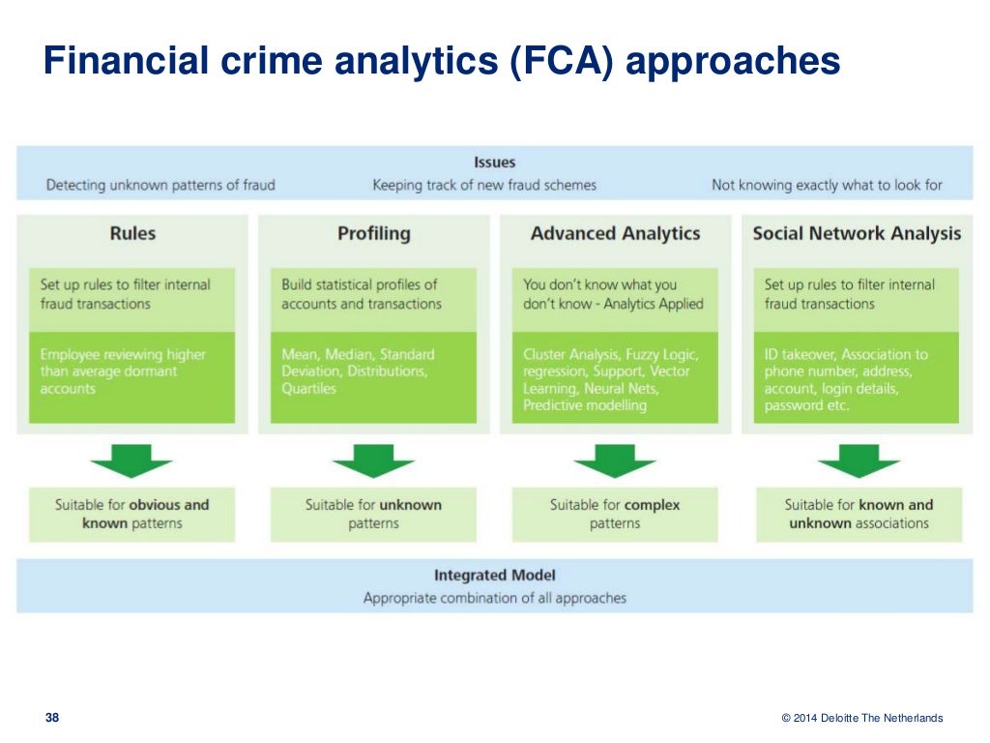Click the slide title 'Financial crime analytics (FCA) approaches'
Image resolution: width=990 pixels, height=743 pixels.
[x=441, y=62]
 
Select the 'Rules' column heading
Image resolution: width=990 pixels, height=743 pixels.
[x=132, y=233]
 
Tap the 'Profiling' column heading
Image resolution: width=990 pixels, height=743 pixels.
[x=373, y=233]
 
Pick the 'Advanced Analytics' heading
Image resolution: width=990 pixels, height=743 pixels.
[x=615, y=233]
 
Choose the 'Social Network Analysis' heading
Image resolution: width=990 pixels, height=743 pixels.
[x=857, y=233]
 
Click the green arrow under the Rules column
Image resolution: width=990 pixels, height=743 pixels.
[x=131, y=461]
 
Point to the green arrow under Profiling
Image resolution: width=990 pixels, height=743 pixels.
[x=373, y=461]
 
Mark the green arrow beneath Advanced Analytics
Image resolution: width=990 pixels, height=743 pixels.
[x=615, y=461]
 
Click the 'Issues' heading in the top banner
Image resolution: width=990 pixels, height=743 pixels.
[x=494, y=163]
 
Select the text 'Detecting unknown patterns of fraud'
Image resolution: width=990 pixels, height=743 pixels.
[x=160, y=185]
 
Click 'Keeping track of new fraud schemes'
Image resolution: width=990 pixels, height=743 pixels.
[x=484, y=185]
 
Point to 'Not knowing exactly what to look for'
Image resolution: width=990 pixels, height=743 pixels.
[x=827, y=185]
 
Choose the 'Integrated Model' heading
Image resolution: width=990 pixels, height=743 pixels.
[x=494, y=576]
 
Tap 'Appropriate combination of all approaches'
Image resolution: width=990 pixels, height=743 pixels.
[x=494, y=598]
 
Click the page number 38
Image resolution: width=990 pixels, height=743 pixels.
[x=52, y=718]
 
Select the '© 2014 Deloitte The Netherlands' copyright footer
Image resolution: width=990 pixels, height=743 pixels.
[x=861, y=718]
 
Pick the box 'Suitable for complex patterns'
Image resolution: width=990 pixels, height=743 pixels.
[x=615, y=514]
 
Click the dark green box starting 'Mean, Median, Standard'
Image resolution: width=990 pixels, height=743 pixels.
[x=373, y=377]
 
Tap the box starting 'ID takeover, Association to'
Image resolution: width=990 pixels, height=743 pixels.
[x=857, y=377]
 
